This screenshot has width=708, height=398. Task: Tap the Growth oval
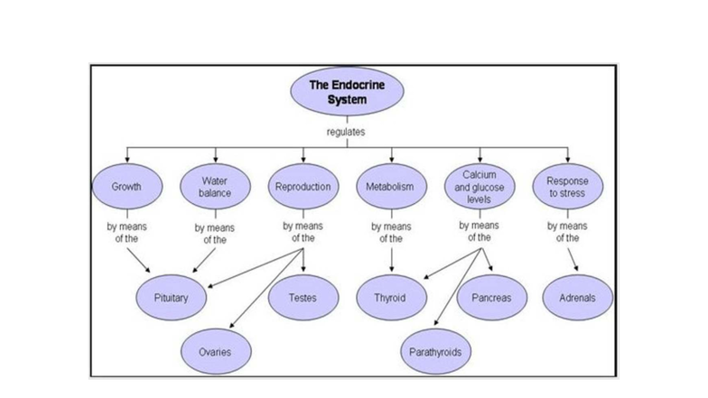pos(126,187)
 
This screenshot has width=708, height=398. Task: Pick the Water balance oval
pos(214,187)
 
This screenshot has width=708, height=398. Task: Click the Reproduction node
pos(303,187)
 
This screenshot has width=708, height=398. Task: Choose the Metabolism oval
pos(390,187)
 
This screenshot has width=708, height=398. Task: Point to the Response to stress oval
pos(566,187)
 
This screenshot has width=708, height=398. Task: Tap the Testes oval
pos(303,298)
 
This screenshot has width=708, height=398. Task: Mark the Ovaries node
pos(215,351)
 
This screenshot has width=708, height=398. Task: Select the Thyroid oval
pos(390,298)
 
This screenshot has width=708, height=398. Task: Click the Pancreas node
pos(491,298)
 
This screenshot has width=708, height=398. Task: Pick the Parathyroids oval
pos(434,351)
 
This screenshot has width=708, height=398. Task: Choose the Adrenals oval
pos(578,298)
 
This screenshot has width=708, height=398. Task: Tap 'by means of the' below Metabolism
pos(391,233)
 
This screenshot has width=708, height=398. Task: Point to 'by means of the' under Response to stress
pos(567,233)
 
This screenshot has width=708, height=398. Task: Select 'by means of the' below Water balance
pos(215,234)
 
